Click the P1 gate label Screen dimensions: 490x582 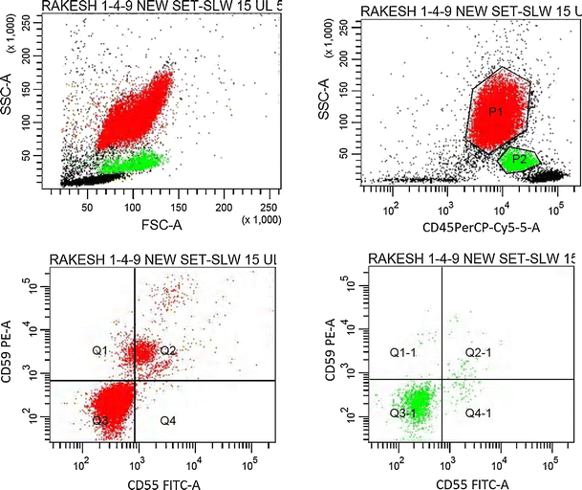(x=495, y=112)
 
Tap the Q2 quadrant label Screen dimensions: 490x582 (x=168, y=351)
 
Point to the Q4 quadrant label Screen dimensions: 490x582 (x=168, y=421)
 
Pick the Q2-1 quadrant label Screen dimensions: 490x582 (x=478, y=353)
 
